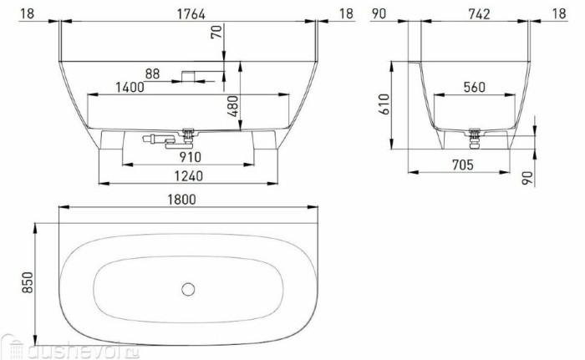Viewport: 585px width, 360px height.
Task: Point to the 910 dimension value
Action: click(189, 155)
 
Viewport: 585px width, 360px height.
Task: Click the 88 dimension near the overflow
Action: click(151, 74)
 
